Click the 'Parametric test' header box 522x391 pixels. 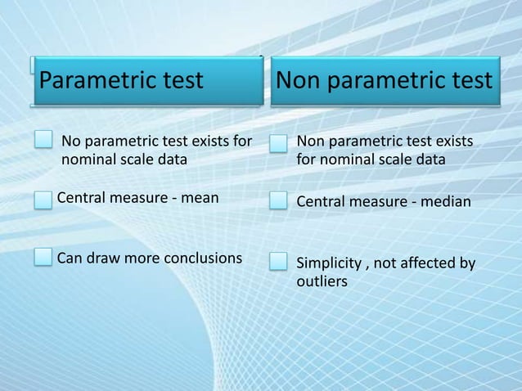click(x=146, y=82)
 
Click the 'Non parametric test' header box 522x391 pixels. click(x=385, y=82)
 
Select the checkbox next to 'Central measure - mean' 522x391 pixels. click(x=44, y=197)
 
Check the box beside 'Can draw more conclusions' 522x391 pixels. click(x=44, y=258)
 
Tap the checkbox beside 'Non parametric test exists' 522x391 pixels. click(x=280, y=143)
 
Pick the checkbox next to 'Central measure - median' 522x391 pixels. click(x=280, y=200)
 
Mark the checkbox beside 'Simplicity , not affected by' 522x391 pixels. click(x=280, y=262)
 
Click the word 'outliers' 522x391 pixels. click(x=322, y=281)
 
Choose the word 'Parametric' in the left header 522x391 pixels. click(x=91, y=81)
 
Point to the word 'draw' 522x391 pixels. click(x=102, y=258)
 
